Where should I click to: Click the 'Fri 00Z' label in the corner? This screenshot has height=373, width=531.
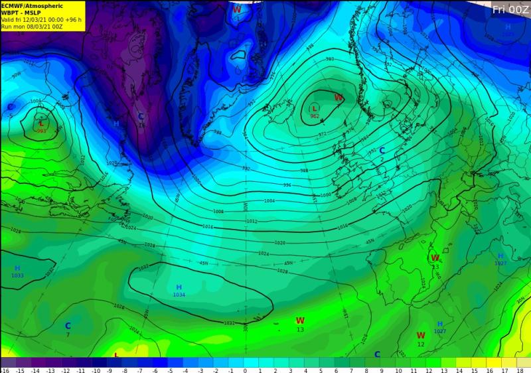coord(510,9)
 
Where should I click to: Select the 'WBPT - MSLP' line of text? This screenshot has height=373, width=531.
coord(21,13)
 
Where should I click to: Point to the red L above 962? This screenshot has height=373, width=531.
coord(315,108)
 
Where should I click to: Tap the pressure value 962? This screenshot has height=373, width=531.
coord(315,117)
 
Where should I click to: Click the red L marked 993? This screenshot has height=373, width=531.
coord(41,123)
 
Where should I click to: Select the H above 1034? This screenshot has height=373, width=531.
coord(179,287)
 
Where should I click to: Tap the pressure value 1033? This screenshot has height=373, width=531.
coord(17,275)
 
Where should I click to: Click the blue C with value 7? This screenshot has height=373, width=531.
coord(68,326)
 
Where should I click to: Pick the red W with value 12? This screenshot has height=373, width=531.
coord(421,336)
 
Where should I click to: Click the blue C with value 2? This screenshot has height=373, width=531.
coord(382,151)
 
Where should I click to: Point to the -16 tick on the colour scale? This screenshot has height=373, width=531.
coord(5,370)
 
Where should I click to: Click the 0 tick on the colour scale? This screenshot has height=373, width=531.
coord(245,370)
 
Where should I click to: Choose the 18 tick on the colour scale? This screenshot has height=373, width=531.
coord(519,370)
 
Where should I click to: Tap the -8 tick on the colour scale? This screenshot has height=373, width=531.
coord(125,370)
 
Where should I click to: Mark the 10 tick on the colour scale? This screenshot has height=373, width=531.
coord(398,370)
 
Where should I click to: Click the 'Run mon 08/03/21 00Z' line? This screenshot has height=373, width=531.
coord(32,27)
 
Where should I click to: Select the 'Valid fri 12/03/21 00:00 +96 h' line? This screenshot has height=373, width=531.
coord(41,20)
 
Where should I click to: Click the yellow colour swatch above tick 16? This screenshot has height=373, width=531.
coord(490,362)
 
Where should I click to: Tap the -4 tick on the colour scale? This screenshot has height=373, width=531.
coord(185,370)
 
